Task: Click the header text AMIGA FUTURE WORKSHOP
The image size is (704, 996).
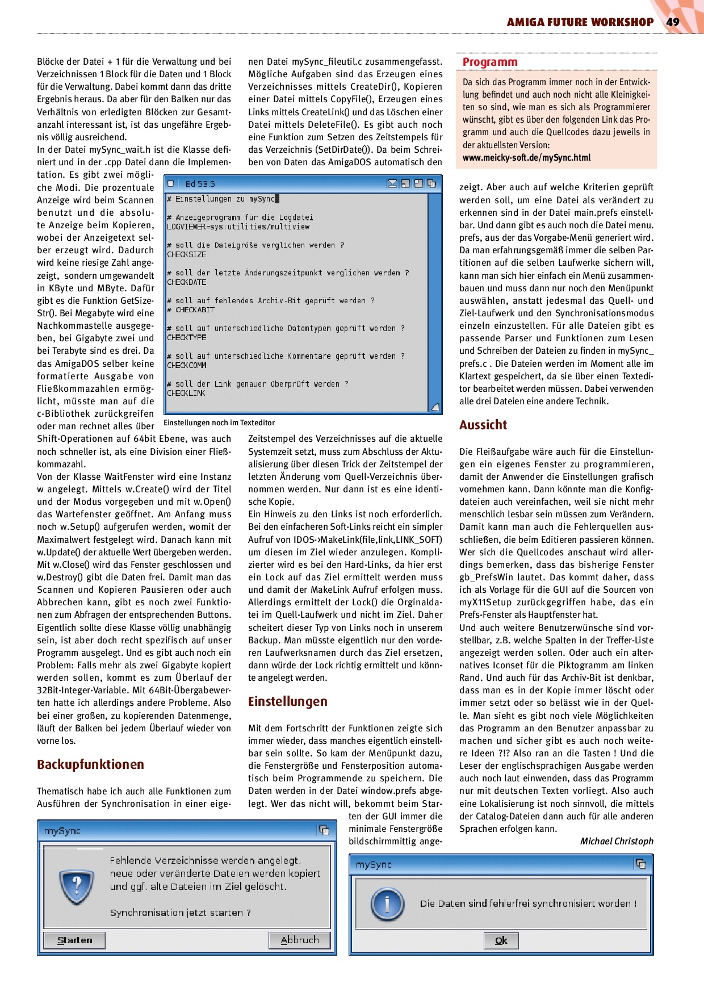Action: coord(580,22)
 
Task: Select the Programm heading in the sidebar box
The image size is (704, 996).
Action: coord(490,62)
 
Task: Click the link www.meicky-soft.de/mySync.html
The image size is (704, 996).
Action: coord(526,158)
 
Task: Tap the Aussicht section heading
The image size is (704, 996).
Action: coord(483,425)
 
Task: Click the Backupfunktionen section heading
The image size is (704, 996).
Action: coord(90,764)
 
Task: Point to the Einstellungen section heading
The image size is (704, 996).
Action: coord(287,701)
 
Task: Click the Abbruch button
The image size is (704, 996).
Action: coord(300,940)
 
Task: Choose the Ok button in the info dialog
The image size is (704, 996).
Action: coord(501,940)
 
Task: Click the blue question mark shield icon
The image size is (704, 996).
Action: coord(77,886)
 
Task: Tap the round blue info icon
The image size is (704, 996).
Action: coord(387,903)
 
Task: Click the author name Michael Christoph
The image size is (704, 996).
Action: coord(616,841)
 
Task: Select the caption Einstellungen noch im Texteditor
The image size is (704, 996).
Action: coord(219,422)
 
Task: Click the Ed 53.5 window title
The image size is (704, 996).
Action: coord(200,184)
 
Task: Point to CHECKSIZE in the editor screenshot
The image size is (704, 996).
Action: coord(187,254)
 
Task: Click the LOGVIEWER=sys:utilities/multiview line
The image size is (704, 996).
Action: coord(238,227)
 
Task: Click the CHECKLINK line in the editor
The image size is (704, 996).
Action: coord(186,393)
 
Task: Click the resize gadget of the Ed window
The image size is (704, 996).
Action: coord(435,407)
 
